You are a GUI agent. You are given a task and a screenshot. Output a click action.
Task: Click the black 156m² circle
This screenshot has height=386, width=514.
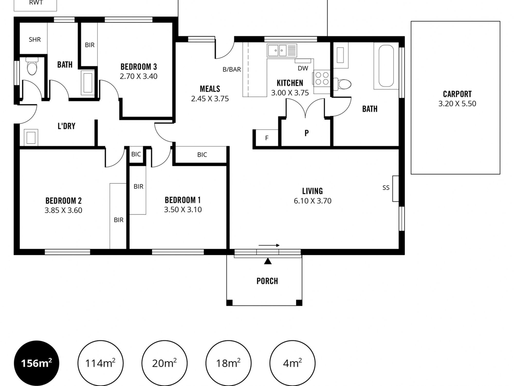tap(36, 363)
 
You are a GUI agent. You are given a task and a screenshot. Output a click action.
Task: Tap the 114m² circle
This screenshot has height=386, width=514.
tap(100, 363)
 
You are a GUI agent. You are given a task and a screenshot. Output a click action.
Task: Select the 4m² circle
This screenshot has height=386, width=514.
tap(292, 363)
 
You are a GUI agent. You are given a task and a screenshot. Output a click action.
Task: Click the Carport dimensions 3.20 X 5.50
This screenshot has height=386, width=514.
tap(457, 104)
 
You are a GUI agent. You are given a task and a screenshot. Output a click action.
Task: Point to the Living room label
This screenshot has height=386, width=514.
tap(313, 191)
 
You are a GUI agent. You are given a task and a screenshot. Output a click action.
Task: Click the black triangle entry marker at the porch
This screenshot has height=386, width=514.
tap(268, 261)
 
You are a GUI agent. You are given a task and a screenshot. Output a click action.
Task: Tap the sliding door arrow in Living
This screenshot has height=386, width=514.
tap(269, 245)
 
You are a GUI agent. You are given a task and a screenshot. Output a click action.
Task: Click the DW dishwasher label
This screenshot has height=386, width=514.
tap(303, 68)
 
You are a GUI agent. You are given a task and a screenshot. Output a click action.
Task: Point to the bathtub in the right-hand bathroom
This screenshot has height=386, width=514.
tap(386, 66)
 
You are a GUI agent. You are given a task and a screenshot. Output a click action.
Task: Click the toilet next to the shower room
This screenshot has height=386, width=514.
tap(32, 66)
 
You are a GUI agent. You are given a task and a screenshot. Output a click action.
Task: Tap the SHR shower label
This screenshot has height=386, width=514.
tap(35, 39)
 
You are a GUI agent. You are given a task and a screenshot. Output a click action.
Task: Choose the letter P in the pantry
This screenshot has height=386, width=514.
tap(307, 133)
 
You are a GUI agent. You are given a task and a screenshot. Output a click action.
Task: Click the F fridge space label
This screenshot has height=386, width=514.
tap(267, 138)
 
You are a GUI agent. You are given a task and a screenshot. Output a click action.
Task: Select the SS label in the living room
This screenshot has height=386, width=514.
tap(386, 188)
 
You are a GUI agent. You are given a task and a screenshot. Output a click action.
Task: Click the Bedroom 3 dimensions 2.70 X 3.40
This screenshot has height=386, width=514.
tap(139, 76)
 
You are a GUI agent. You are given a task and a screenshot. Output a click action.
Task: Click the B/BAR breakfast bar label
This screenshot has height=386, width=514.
tap(232, 69)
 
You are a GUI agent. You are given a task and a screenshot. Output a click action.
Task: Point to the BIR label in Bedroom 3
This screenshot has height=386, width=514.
tap(90, 45)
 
